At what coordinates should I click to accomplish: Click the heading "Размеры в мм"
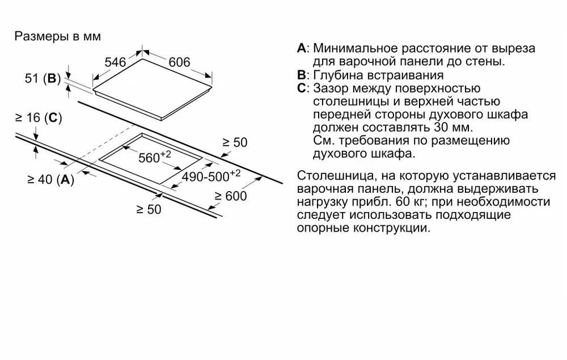point(57,37)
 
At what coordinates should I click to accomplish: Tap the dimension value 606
point(179,62)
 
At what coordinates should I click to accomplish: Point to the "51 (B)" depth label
point(43,79)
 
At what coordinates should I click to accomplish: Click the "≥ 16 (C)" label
point(39,118)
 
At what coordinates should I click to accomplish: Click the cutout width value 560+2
point(155,158)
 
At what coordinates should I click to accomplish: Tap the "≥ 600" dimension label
point(231,196)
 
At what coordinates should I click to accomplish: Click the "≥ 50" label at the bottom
point(149,209)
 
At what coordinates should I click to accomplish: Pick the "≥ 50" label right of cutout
point(234,143)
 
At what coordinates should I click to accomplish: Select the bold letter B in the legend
point(301,75)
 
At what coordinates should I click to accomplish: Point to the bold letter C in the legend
point(301,88)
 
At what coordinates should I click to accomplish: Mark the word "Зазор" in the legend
point(330,88)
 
